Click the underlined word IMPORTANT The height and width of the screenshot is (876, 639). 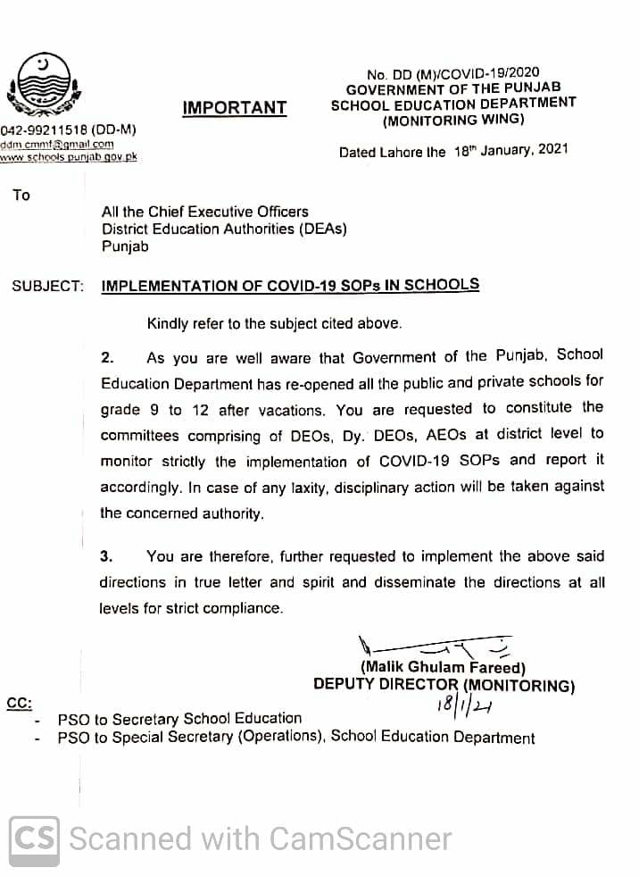(235, 108)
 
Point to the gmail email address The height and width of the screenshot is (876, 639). (57, 144)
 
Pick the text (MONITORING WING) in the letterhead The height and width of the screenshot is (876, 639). (453, 120)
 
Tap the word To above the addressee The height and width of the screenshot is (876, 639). (21, 195)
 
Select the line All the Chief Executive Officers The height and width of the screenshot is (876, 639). (204, 212)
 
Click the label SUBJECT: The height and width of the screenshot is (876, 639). (47, 287)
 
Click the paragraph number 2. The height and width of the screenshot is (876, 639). (107, 358)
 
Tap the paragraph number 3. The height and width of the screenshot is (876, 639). (107, 556)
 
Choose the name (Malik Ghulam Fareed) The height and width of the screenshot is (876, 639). (443, 667)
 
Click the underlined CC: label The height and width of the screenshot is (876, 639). (20, 702)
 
